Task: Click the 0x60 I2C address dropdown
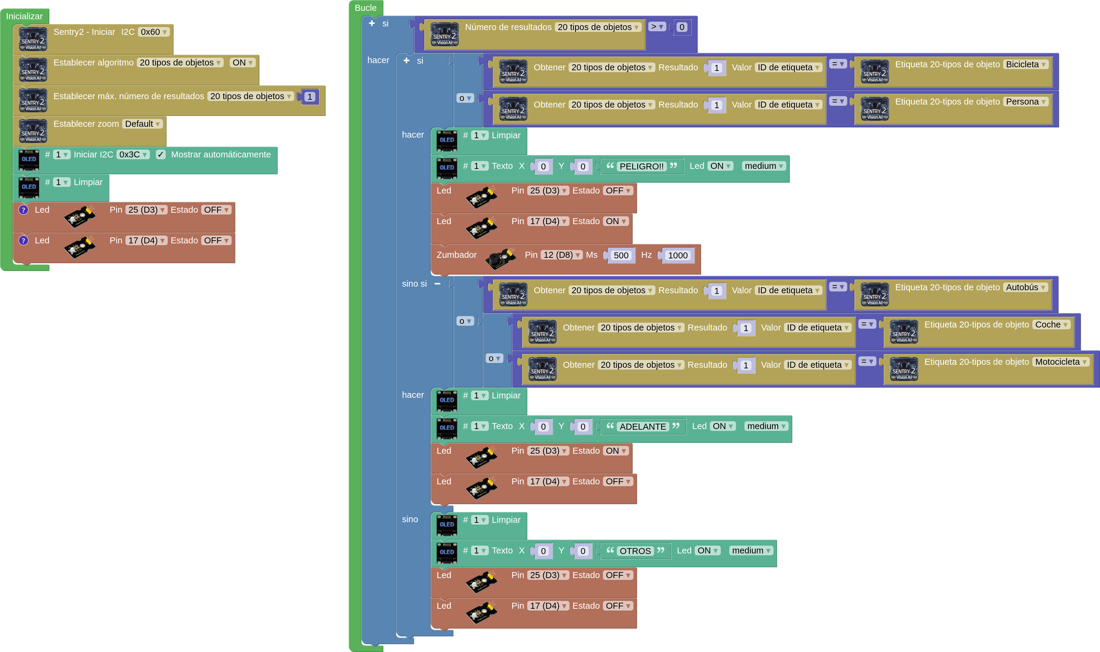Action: [153, 32]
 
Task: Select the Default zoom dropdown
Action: [142, 124]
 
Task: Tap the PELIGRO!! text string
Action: [641, 166]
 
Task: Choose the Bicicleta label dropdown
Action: [1025, 65]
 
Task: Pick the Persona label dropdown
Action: [1025, 102]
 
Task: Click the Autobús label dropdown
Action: [1025, 287]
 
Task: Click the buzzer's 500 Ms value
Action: [620, 256]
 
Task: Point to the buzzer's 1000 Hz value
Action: [677, 256]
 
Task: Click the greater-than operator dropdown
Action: [657, 27]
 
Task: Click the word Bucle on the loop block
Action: [365, 8]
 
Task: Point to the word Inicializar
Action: [24, 16]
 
